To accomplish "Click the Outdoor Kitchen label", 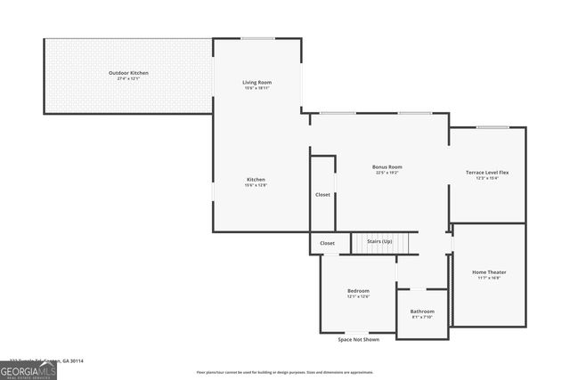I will pyautogui.click(x=128, y=72).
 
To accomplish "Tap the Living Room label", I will pyautogui.click(x=256, y=83).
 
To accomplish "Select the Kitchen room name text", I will pyautogui.click(x=256, y=179).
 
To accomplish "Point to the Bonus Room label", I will pyautogui.click(x=387, y=166).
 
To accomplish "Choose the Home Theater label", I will pyautogui.click(x=489, y=271).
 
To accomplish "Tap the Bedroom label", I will pyautogui.click(x=358, y=291).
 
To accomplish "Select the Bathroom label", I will pyautogui.click(x=422, y=311).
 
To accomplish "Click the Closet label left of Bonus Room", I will pyautogui.click(x=322, y=194).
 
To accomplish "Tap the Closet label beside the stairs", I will pyautogui.click(x=327, y=243).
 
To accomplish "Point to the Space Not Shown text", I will pyautogui.click(x=358, y=339).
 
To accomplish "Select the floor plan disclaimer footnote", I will pyautogui.click(x=285, y=372).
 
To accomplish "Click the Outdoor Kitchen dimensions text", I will pyautogui.click(x=128, y=79).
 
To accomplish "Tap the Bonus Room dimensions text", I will pyautogui.click(x=387, y=173).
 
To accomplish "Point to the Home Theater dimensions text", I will pyautogui.click(x=489, y=278).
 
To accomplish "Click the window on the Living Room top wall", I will pyautogui.click(x=256, y=38).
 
